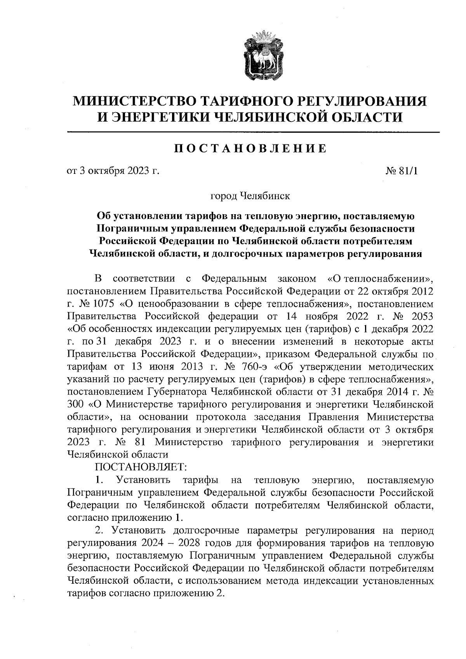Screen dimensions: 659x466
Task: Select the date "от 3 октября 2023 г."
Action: [113, 171]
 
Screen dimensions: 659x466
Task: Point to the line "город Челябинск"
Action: [250, 196]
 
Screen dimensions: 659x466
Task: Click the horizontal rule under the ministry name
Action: [253, 133]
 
